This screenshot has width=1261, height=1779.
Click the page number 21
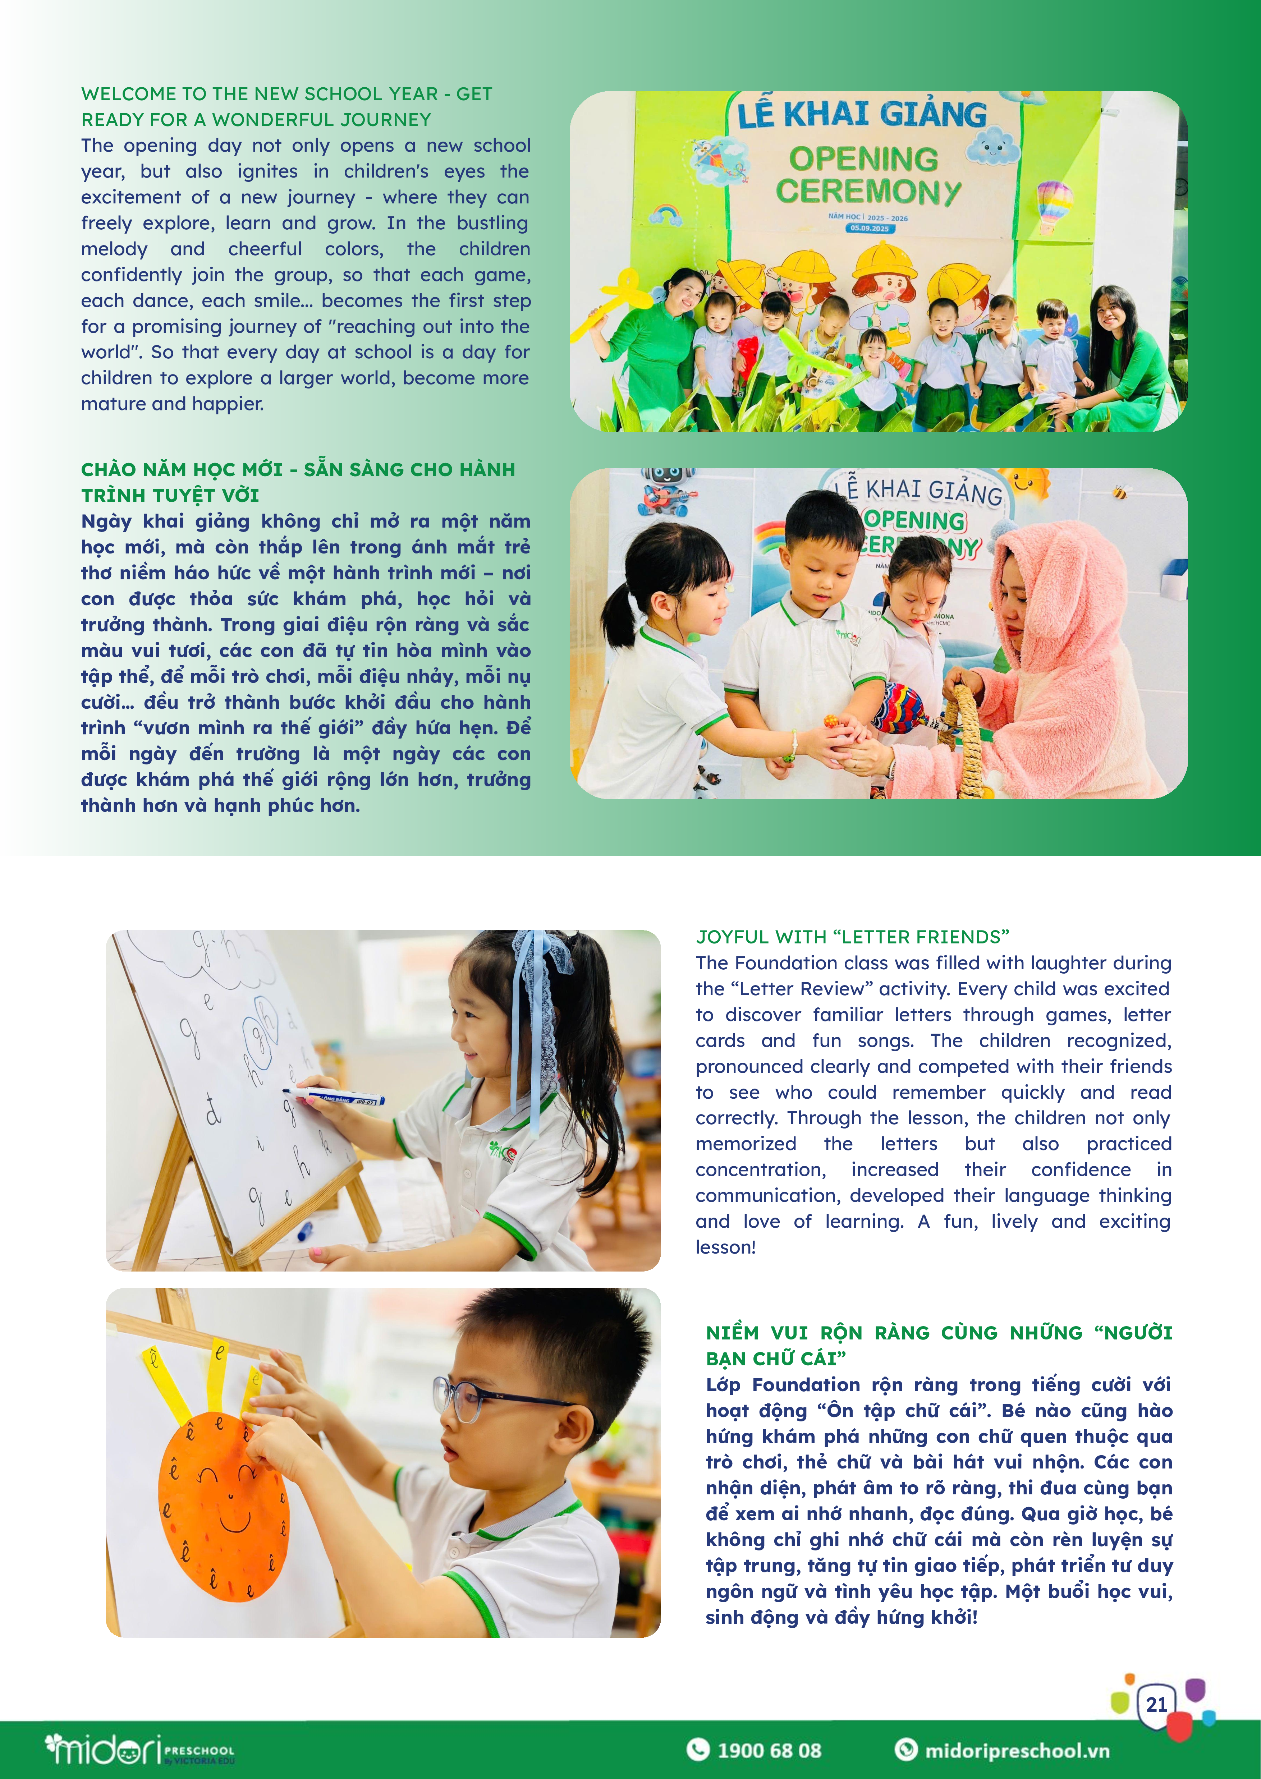click(1156, 1704)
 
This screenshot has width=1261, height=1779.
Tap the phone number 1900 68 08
click(769, 1750)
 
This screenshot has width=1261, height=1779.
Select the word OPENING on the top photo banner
click(863, 158)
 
